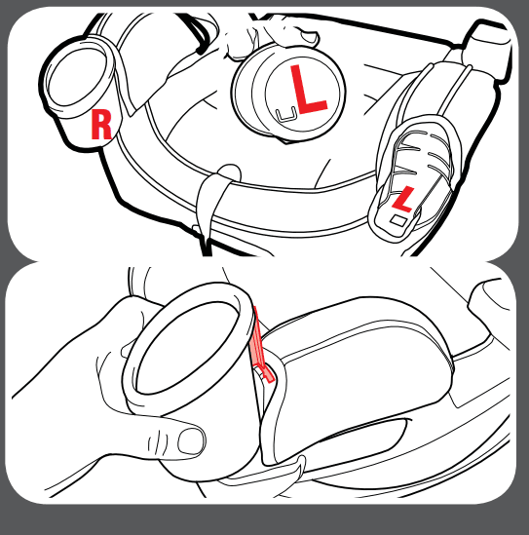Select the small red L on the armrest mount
point(403,199)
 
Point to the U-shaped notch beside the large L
point(285,114)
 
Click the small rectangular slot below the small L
point(398,220)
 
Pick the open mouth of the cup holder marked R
point(78,77)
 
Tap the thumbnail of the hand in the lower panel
point(191,440)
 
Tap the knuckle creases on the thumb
point(155,442)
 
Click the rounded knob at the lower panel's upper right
point(488,300)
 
